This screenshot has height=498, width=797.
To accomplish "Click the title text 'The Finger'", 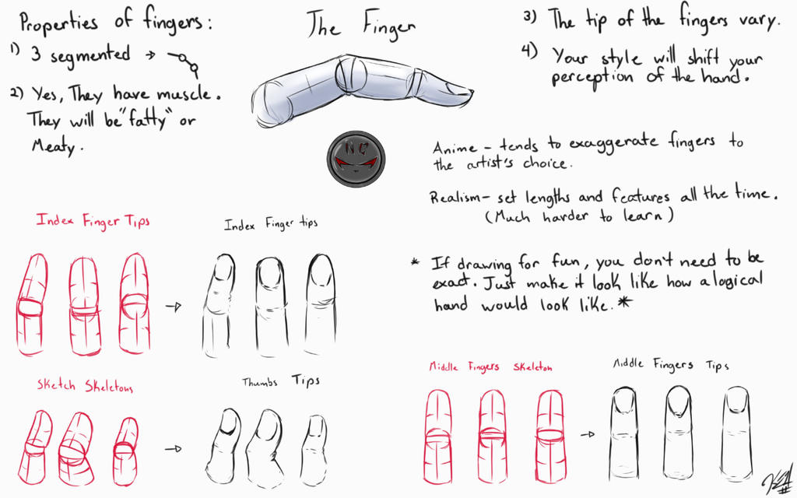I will pos(360,25).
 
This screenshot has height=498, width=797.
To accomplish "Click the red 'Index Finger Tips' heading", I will pos(89,220).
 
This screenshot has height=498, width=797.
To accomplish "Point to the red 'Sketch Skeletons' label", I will pos(85,386).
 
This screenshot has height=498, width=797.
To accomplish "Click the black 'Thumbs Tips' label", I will pos(281,381).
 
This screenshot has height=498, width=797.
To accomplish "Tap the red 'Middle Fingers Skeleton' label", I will pos(490,366).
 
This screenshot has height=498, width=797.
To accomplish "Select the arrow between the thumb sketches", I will pos(173,449).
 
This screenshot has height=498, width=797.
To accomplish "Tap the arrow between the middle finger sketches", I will pos(588,434).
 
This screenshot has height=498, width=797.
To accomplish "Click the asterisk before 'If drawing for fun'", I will pos(416,262).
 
